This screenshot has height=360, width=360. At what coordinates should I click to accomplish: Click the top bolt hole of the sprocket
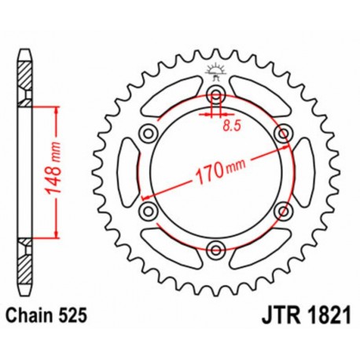[x=215, y=96]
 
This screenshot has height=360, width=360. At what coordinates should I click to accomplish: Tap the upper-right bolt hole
[x=283, y=134]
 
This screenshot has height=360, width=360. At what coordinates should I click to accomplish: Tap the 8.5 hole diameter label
[x=230, y=124]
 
